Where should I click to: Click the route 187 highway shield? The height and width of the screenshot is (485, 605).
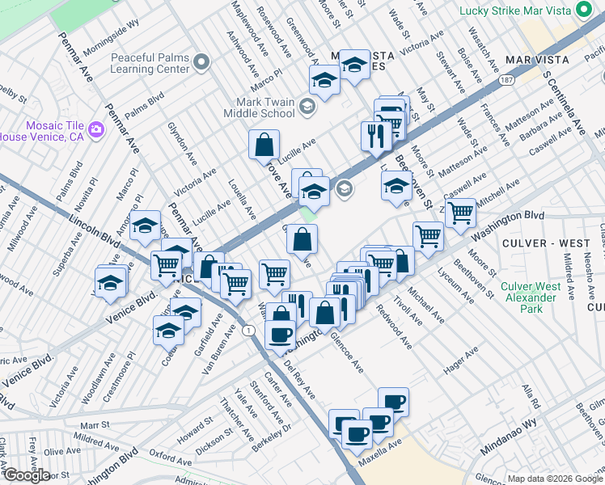[506, 81]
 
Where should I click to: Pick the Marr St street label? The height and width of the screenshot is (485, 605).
[94, 424]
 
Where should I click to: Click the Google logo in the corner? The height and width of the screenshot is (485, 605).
[27, 475]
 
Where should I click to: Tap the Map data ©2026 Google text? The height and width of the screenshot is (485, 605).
[554, 479]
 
